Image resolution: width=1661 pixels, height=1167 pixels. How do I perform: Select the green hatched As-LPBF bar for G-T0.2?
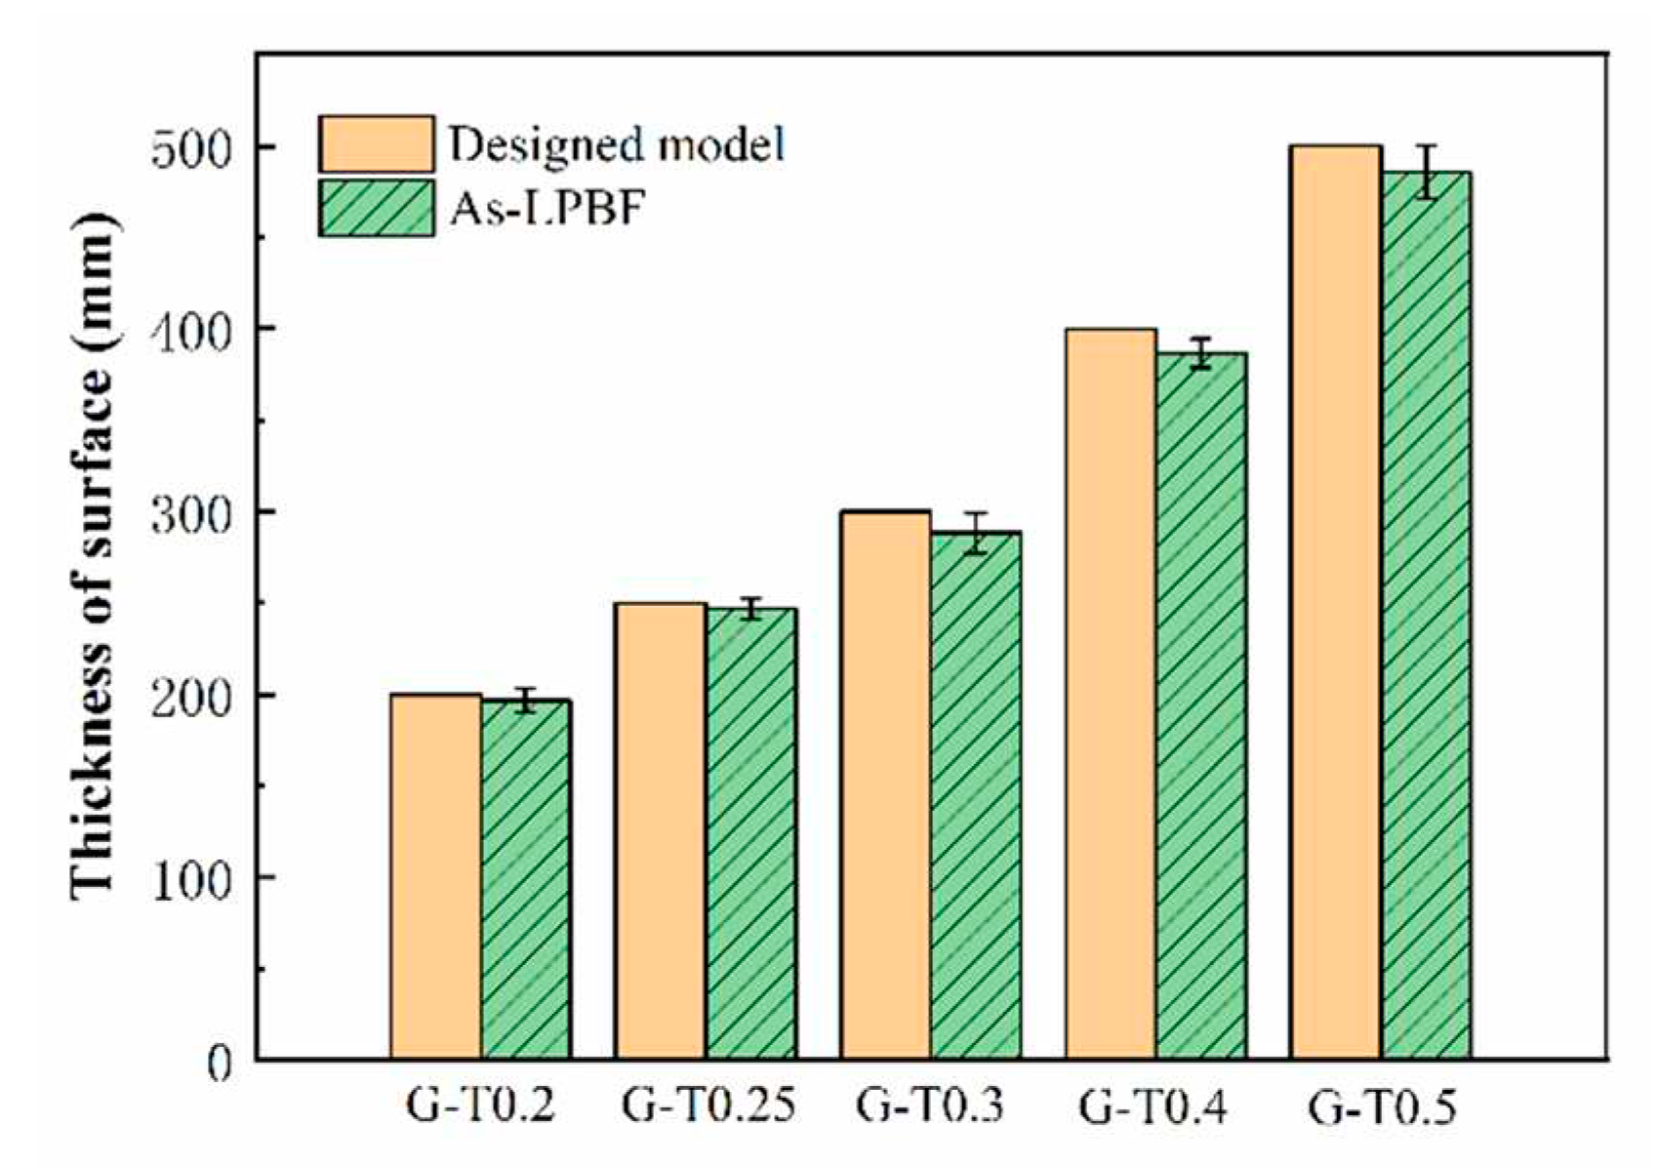coord(526,878)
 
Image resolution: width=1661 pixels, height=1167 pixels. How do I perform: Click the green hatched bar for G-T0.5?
coord(1426,615)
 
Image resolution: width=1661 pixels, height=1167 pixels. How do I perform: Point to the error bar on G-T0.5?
coord(1427,172)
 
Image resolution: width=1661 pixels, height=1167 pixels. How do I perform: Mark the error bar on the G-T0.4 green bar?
coord(1201,352)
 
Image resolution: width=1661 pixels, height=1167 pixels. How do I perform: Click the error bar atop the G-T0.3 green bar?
coord(976,533)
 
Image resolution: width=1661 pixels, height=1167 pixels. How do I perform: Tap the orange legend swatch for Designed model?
coord(377,144)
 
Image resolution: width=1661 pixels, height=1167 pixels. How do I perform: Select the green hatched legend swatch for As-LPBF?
coord(377,208)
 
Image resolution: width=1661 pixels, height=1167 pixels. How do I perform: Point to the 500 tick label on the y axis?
coord(193,148)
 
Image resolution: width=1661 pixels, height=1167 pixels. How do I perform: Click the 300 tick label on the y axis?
coord(193,513)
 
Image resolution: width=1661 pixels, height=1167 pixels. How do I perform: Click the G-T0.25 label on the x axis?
coord(709,1107)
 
